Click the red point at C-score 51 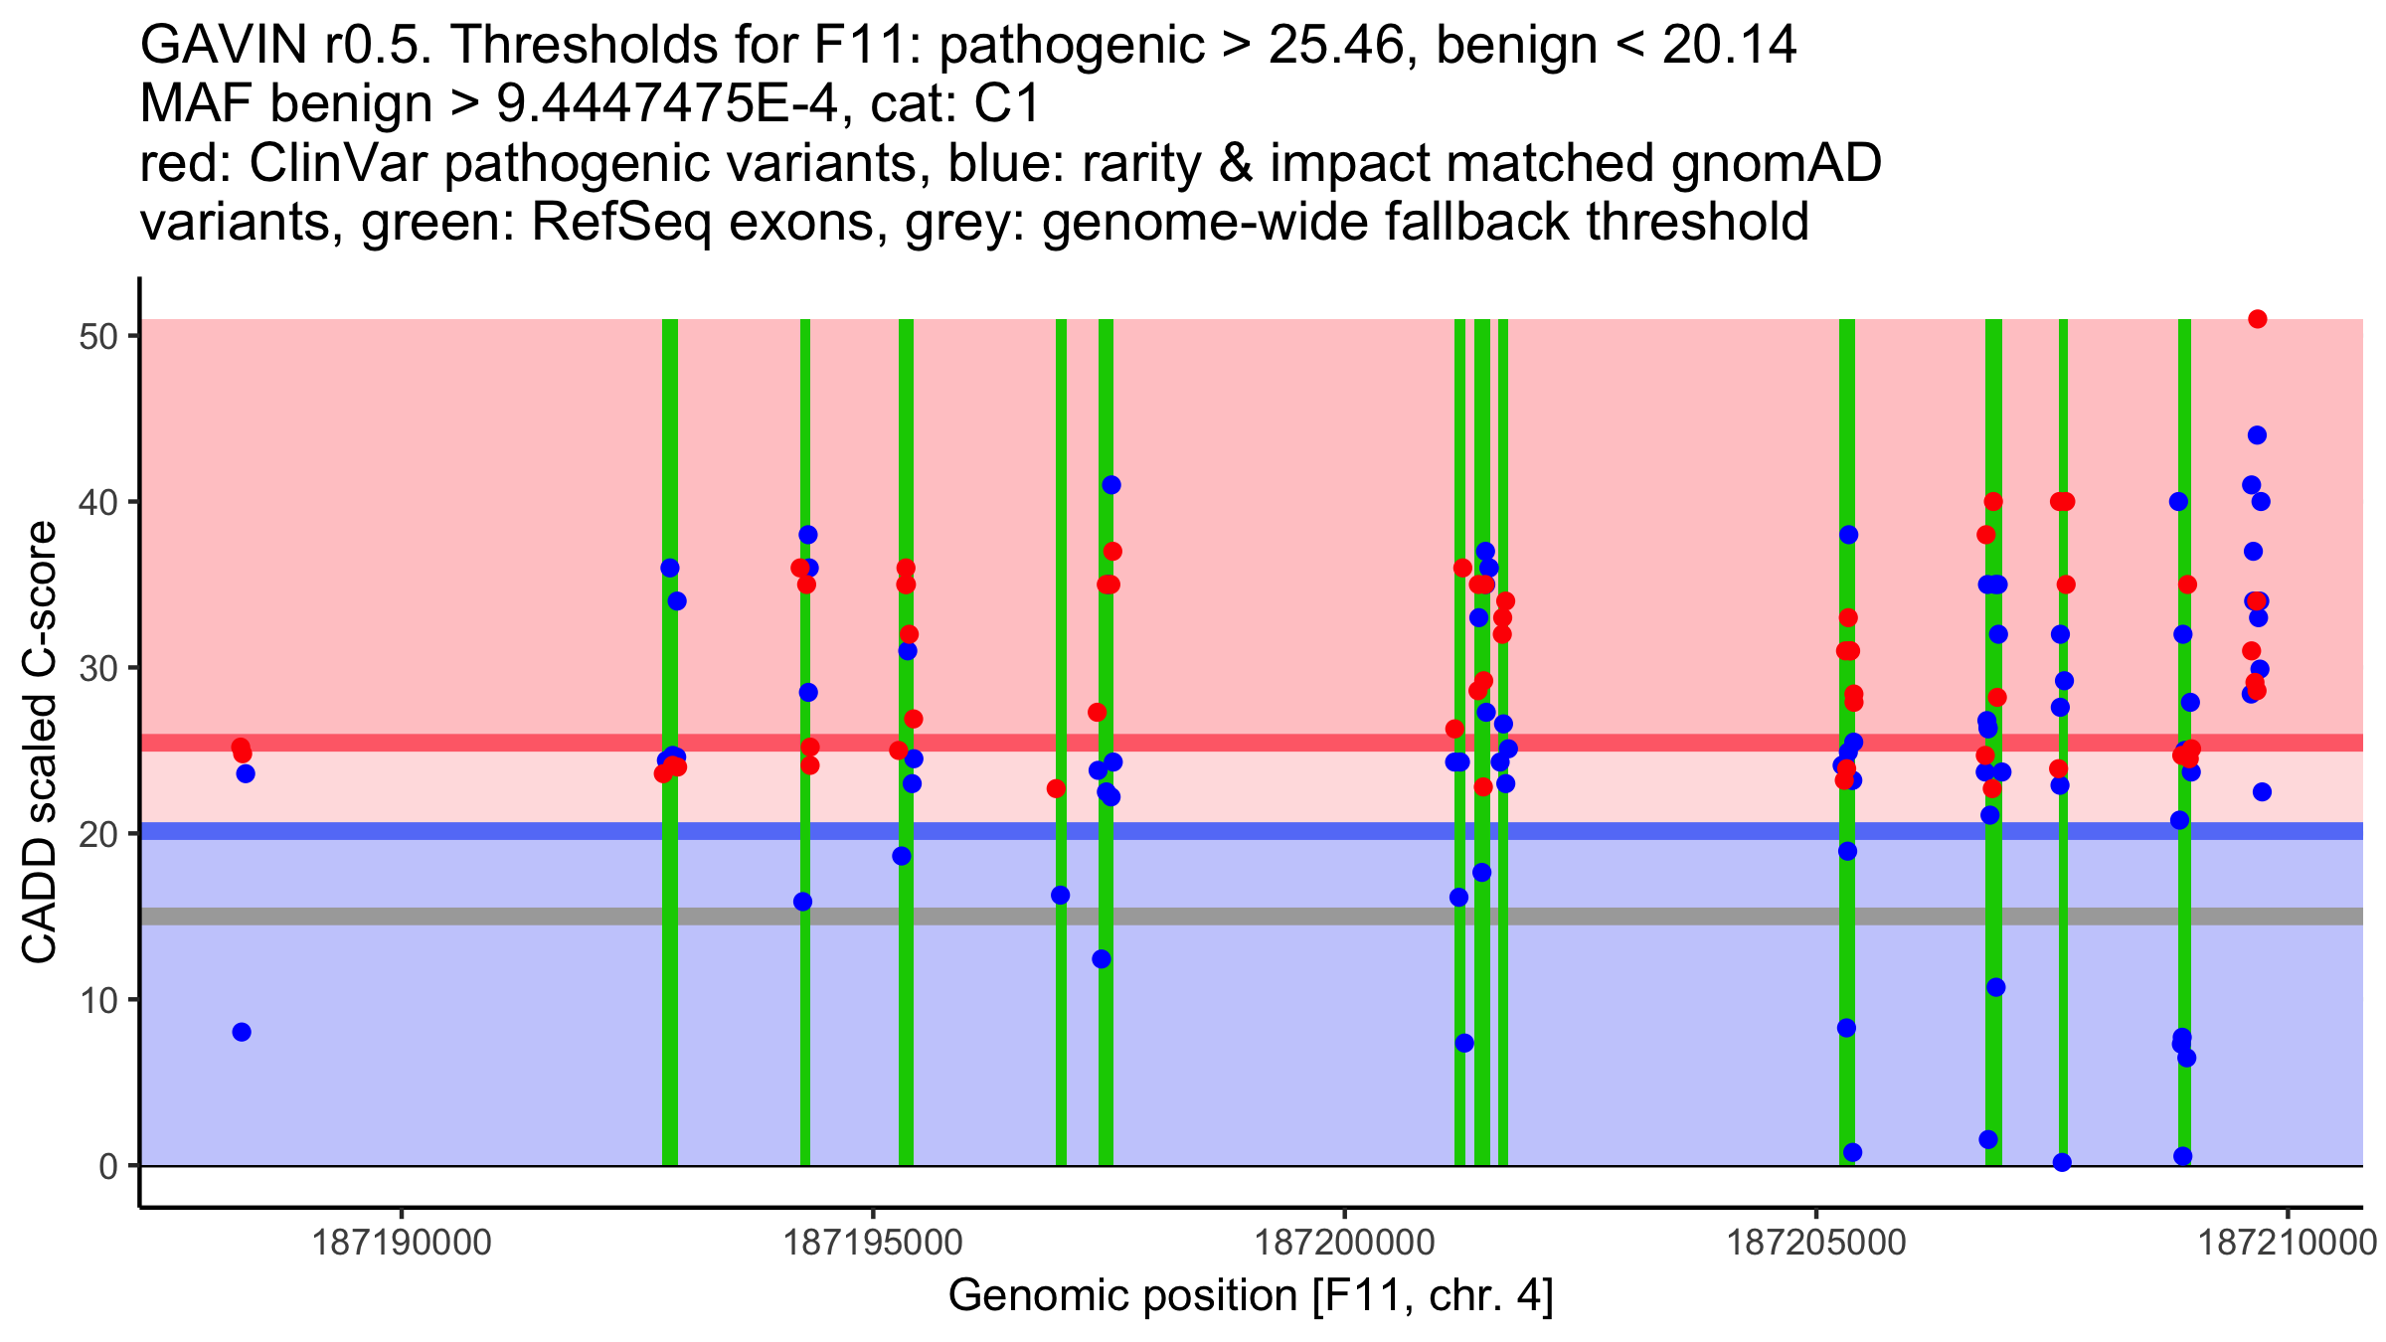[2257, 319]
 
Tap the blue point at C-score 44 [2257, 435]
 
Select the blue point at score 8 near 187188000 [242, 1032]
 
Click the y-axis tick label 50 [98, 336]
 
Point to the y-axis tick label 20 [98, 834]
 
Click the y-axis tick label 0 [108, 1166]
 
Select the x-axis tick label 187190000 [402, 1243]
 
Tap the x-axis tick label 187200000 [1345, 1243]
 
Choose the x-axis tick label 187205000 [1817, 1243]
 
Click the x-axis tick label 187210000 [2289, 1243]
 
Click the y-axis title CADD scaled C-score [40, 743]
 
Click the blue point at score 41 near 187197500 [1111, 485]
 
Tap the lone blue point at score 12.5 [1102, 959]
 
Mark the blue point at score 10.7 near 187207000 [1996, 987]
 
